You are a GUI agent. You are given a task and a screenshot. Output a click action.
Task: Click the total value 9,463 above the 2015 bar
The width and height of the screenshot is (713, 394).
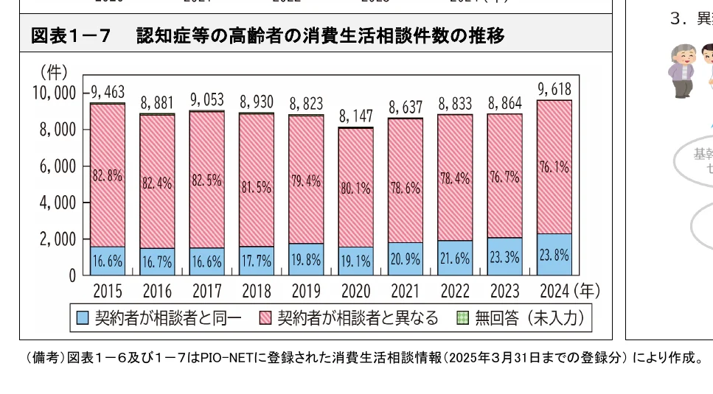(108, 92)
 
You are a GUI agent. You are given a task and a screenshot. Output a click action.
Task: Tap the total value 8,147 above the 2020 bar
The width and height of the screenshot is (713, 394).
(356, 116)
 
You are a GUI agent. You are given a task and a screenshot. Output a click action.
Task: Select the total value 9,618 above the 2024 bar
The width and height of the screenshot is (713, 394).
(554, 89)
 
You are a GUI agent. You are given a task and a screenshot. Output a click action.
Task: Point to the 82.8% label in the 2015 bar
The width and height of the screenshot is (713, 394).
(108, 176)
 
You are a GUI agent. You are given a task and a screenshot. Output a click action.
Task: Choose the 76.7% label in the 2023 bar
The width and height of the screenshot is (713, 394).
(504, 177)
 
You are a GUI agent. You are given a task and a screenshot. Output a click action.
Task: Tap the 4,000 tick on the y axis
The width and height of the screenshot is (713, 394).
(56, 203)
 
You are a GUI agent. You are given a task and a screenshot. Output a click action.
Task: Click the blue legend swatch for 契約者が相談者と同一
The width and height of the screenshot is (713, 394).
(83, 318)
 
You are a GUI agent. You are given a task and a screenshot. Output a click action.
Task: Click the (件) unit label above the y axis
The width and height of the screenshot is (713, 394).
(53, 72)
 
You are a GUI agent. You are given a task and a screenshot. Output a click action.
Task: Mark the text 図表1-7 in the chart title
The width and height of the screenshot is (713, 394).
(71, 35)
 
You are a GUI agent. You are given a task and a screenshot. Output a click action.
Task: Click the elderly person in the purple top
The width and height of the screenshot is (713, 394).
(681, 70)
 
